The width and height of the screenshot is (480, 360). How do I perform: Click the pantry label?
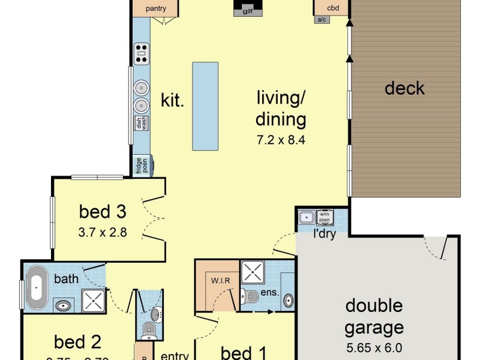(x=155, y=8)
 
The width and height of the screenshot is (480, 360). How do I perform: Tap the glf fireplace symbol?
(x=248, y=10)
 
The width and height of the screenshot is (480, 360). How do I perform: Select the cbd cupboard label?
(x=333, y=8)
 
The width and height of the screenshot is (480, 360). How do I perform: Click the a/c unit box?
(x=321, y=20)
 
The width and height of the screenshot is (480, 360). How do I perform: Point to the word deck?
(x=404, y=89)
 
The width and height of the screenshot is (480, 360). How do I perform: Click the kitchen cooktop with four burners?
(x=142, y=53)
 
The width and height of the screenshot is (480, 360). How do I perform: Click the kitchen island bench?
(x=205, y=106)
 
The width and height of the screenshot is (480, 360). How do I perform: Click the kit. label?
(x=172, y=100)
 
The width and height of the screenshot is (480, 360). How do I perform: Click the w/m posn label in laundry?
(x=325, y=217)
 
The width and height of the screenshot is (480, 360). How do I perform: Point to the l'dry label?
(x=324, y=233)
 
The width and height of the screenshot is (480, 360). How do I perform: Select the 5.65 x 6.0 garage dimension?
(x=374, y=347)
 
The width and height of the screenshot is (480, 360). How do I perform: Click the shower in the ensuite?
(x=253, y=272)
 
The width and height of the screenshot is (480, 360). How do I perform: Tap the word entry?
(x=175, y=355)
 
